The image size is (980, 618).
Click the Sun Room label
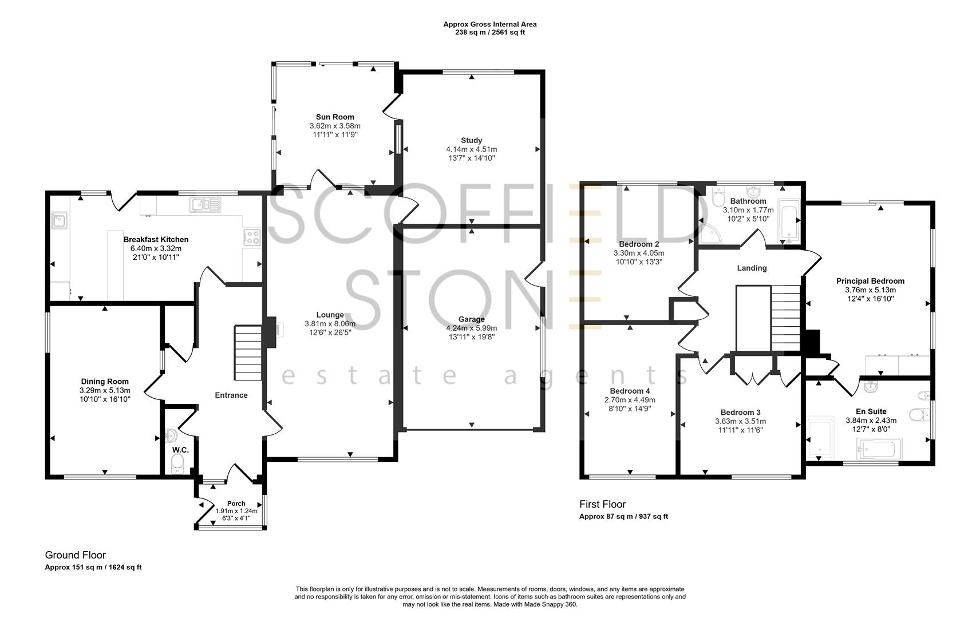335,117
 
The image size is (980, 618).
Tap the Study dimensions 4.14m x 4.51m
471,149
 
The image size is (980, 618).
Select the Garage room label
471,319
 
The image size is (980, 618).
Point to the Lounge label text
330,315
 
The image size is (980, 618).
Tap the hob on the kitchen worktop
252,237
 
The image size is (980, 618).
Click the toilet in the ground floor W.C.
179,462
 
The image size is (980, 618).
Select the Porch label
236,504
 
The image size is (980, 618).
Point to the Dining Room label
105,382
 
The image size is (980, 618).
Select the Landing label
751,268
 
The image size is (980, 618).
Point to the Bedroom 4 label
630,391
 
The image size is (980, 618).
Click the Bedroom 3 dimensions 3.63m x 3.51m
740,422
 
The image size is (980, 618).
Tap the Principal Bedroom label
870,281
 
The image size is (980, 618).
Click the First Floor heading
602,504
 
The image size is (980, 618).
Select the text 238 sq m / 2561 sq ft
489,33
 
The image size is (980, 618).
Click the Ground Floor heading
76,555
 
